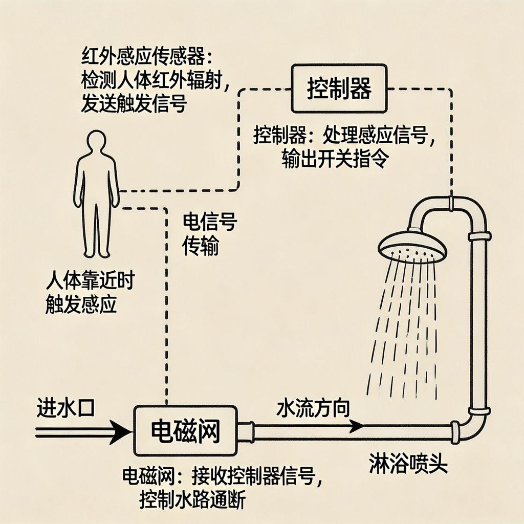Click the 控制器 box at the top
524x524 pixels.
pyautogui.click(x=339, y=88)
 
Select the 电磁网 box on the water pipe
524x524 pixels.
pyautogui.click(x=185, y=431)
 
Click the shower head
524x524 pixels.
pyautogui.click(x=412, y=246)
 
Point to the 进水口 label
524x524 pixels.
pyautogui.click(x=65, y=410)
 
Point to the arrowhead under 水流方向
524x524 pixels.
pyautogui.click(x=356, y=424)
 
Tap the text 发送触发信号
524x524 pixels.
pyautogui.click(x=134, y=103)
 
